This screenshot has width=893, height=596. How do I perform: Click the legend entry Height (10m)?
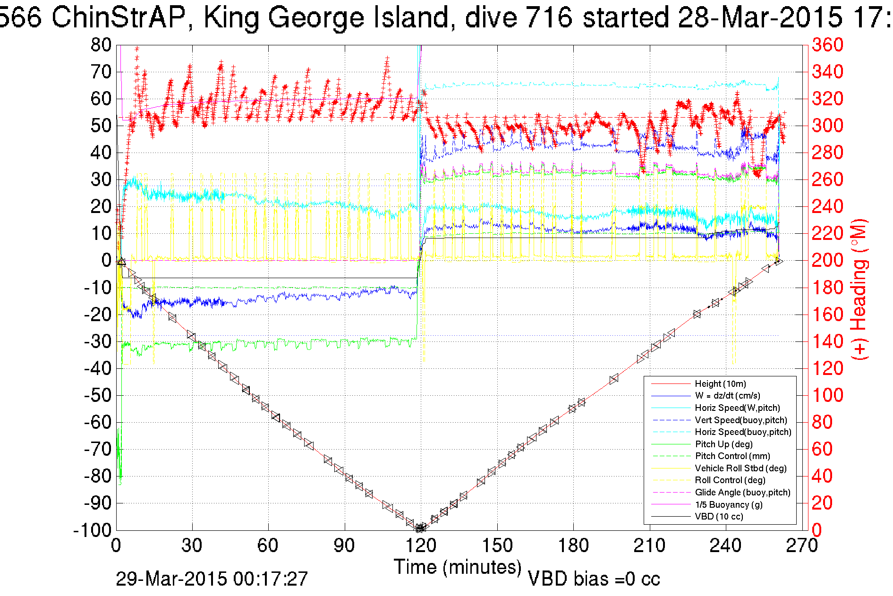coord(720,384)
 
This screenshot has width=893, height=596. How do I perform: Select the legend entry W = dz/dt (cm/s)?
coord(727,396)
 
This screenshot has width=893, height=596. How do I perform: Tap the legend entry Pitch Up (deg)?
coord(723,444)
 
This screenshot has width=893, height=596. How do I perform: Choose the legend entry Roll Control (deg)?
coord(730,480)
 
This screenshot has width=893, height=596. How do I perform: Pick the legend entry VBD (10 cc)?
coord(719,517)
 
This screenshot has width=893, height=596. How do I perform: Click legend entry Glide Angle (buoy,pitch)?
coord(742,493)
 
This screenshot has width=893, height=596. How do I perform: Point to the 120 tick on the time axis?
coord(421,546)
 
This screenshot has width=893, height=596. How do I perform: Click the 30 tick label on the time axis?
coord(192,546)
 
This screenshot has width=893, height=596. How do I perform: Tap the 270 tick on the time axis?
coord(802,546)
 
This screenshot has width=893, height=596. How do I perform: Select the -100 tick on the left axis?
coord(92,530)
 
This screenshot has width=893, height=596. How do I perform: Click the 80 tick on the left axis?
coord(101,45)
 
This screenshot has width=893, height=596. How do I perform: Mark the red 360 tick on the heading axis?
coord(827,45)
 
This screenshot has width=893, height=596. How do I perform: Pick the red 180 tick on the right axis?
coord(827,288)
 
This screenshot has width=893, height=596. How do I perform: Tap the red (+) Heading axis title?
coord(859,289)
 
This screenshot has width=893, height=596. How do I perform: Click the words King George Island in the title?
coord(326,18)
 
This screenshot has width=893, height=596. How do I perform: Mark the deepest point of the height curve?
coord(420,528)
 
